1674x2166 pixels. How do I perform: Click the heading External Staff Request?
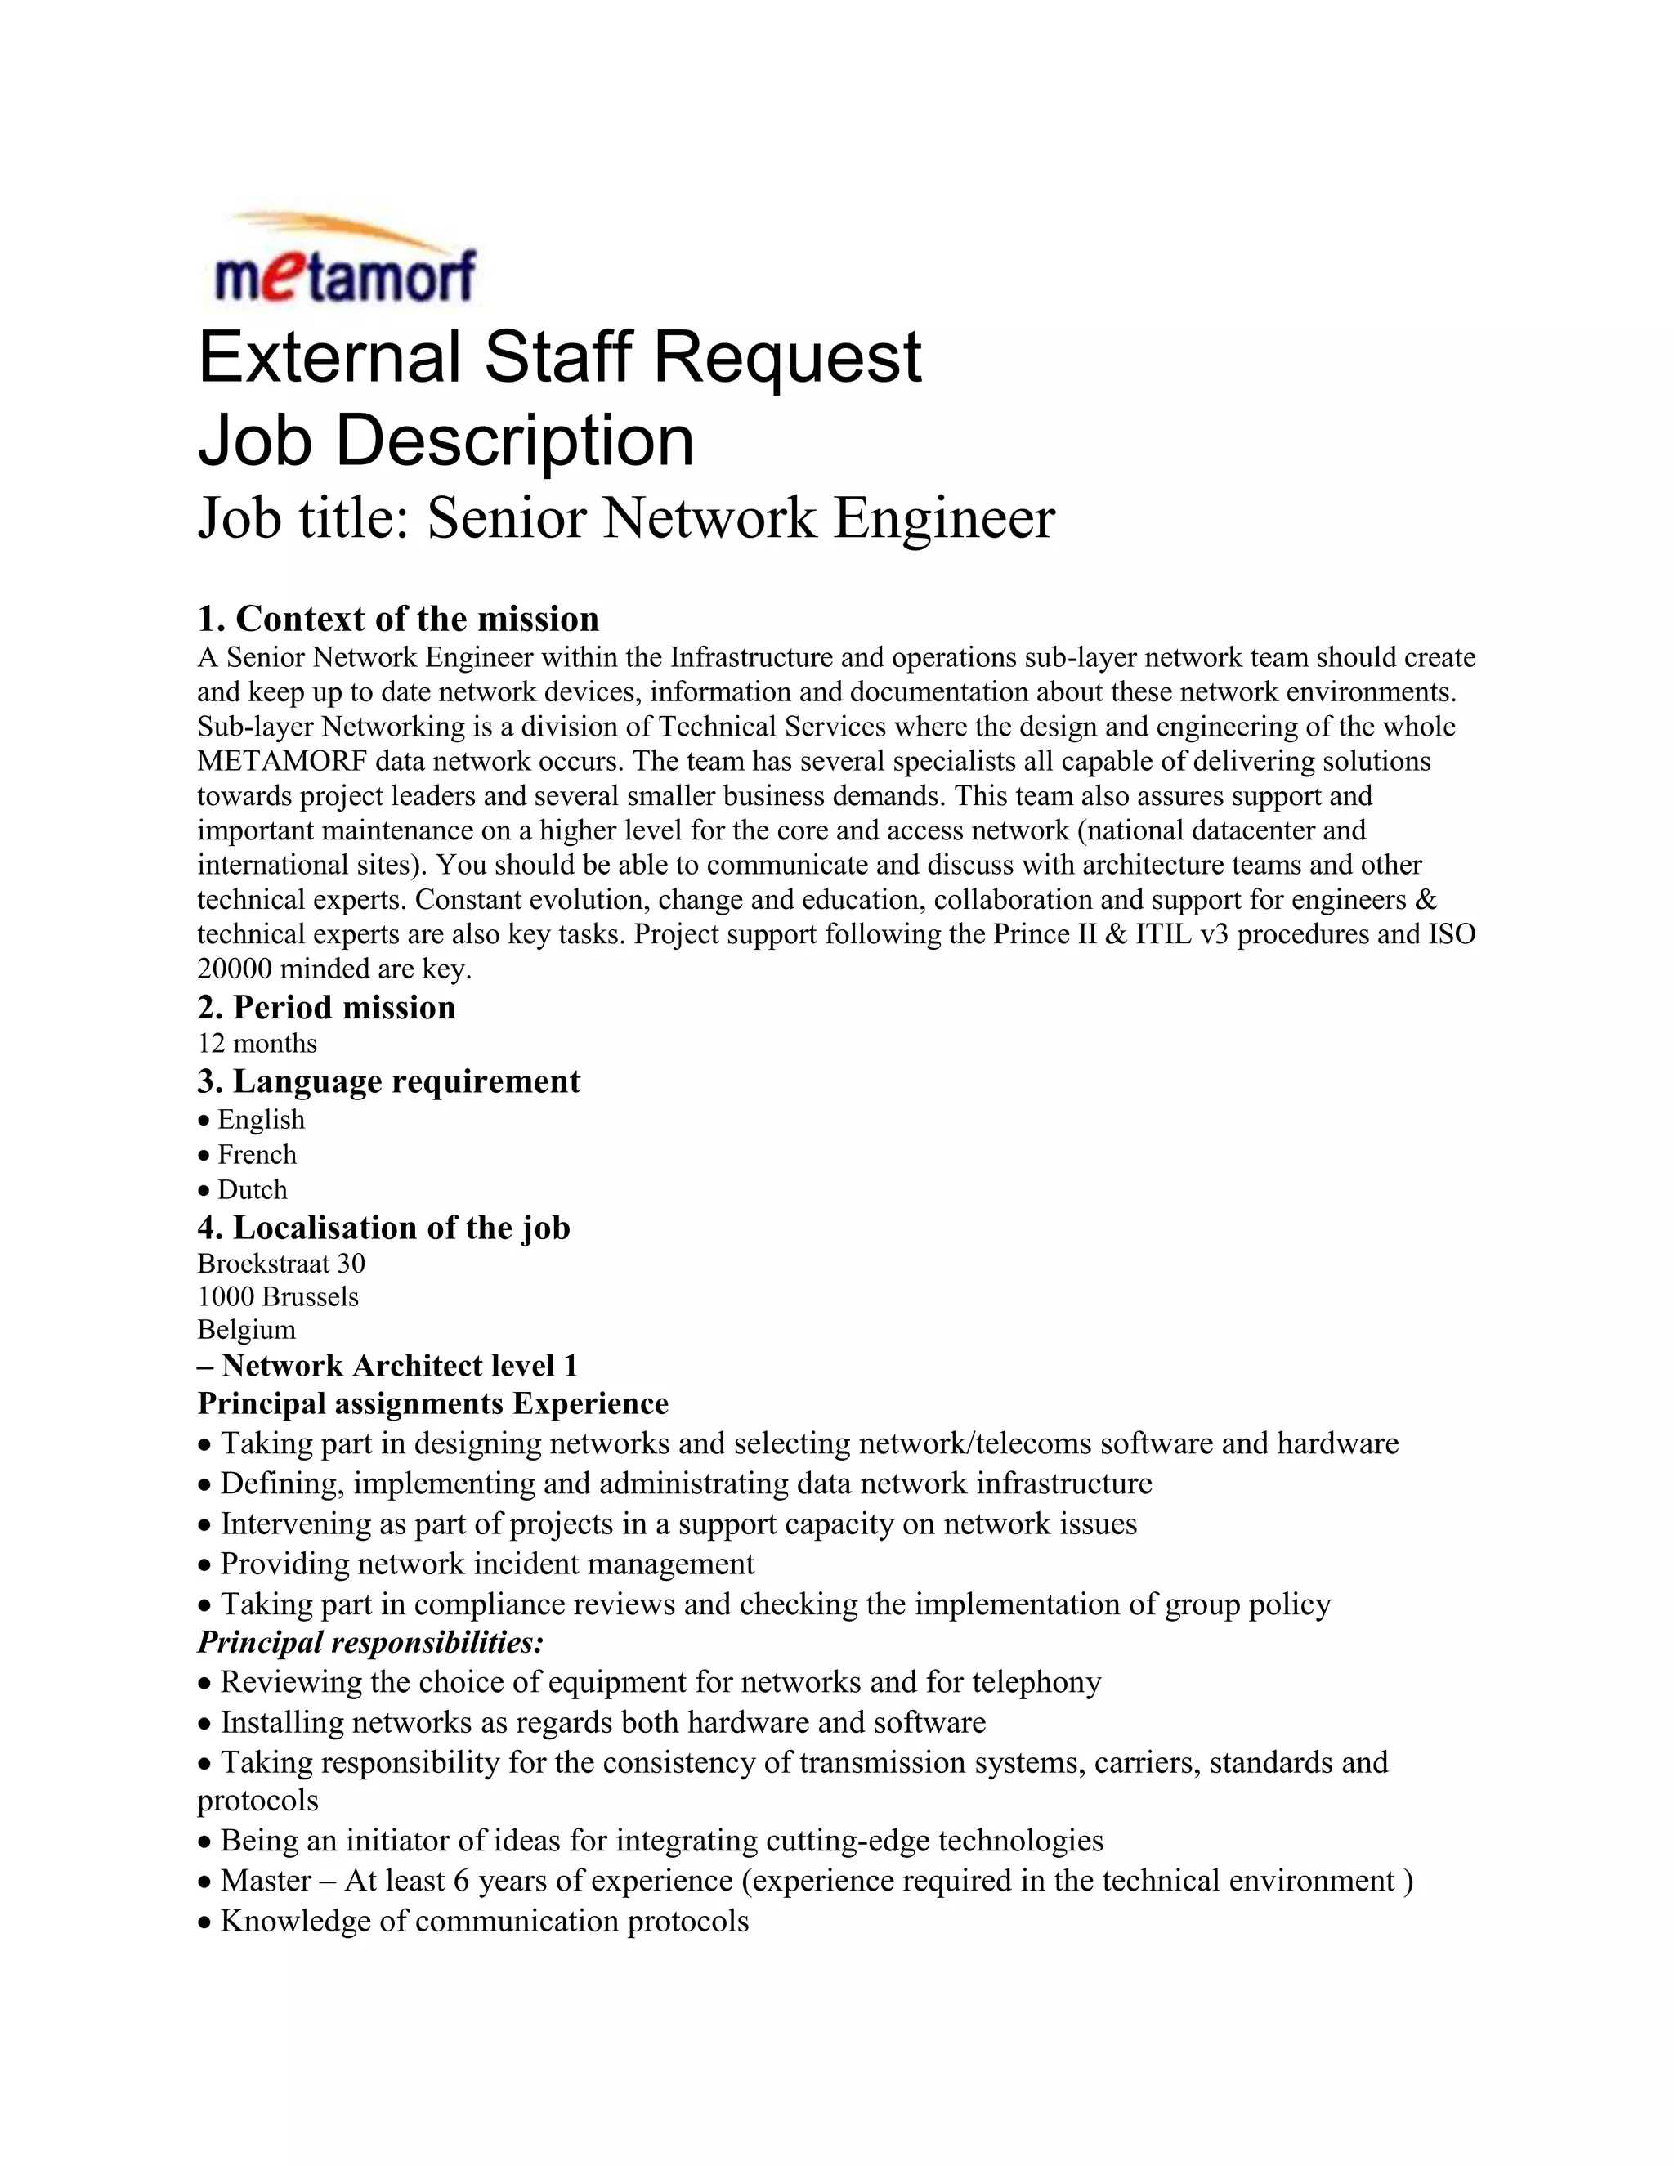pos(559,358)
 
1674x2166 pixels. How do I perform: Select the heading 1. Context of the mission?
pos(398,619)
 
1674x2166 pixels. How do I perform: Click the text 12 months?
pos(257,1043)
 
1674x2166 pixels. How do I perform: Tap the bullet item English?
pos(260,1120)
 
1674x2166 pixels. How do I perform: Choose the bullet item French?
pos(256,1154)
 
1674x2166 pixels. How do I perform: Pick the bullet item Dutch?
pos(251,1189)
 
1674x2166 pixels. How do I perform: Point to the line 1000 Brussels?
pos(278,1297)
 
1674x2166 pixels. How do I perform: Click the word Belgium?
pos(246,1330)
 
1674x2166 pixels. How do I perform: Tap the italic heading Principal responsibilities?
pos(370,1642)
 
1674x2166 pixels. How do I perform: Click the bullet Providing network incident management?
pos(486,1564)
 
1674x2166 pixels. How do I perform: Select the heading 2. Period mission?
pos(326,1008)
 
